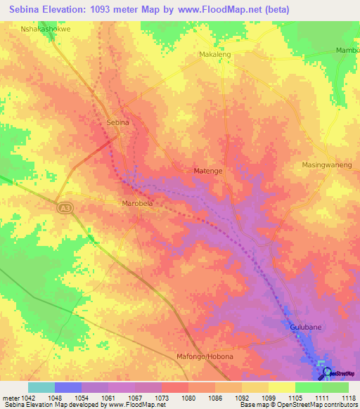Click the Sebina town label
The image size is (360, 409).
coord(117,122)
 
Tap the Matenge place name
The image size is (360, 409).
coord(208,170)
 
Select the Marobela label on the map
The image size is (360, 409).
coord(138,204)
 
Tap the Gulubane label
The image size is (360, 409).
coord(305,327)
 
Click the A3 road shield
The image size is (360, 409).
coord(64,206)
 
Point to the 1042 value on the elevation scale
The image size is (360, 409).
coord(27,397)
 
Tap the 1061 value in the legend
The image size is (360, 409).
coord(108,397)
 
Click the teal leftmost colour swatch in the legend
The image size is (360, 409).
coord(41,387)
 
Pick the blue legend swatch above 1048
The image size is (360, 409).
coord(67,387)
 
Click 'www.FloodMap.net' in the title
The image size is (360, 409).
coord(217,11)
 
